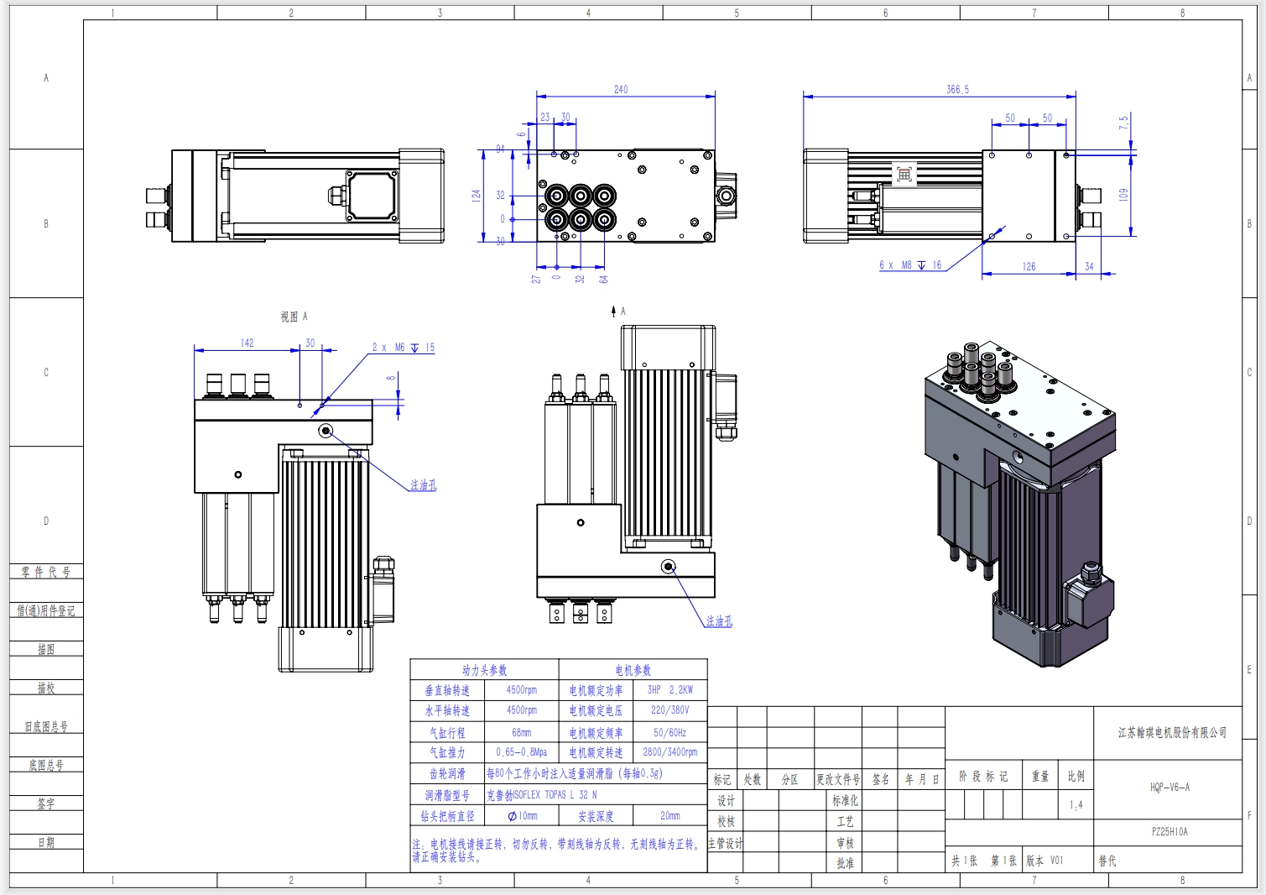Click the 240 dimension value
621,89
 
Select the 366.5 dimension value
957,89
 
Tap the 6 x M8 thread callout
910,265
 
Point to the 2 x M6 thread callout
404,348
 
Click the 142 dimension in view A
247,343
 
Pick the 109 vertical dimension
1123,194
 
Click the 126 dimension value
1029,266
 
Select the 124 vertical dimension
477,195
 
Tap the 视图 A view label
294,317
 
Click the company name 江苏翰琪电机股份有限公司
1172,733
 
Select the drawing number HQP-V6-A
1170,788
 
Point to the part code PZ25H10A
1170,832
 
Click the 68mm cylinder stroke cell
521,732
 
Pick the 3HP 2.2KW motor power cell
669,690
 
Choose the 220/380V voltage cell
669,710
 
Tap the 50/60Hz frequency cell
669,732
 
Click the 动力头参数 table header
484,670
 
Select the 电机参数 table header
633,670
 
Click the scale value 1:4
1076,805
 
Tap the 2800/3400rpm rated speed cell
669,752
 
